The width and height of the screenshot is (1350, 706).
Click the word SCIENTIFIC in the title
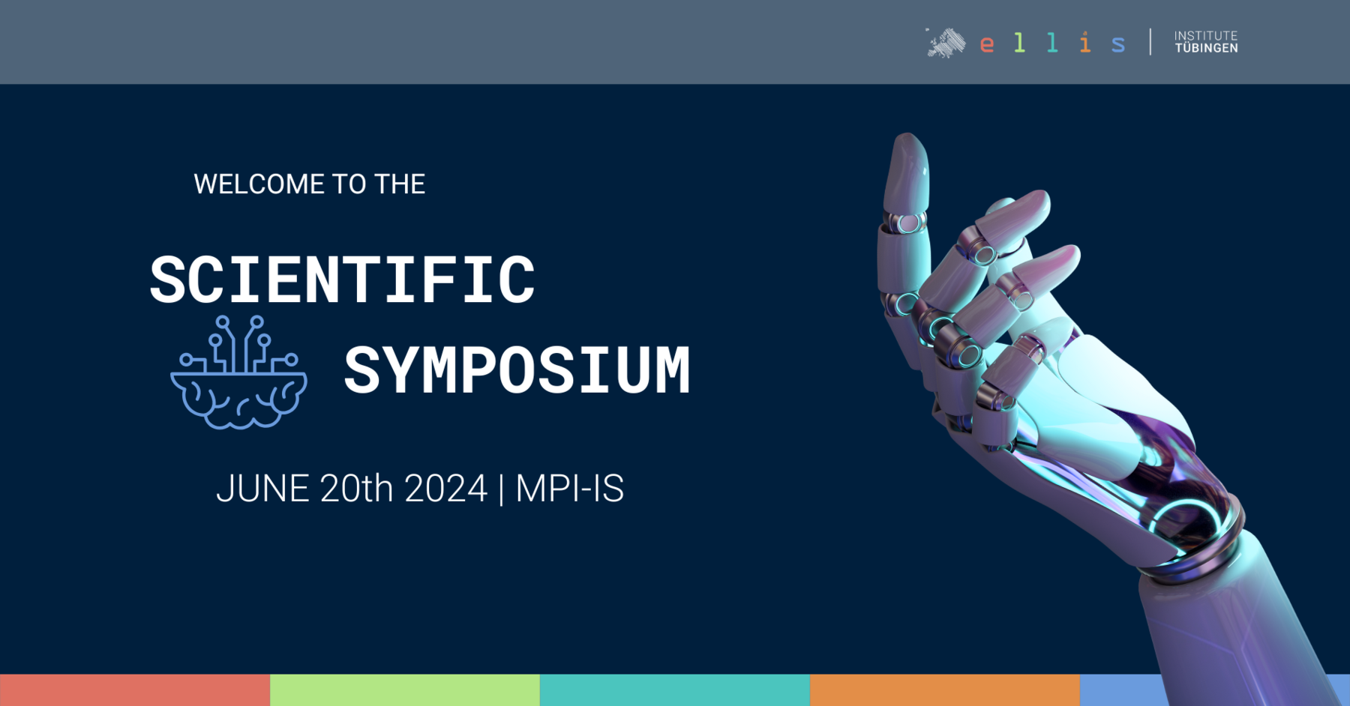click(x=342, y=280)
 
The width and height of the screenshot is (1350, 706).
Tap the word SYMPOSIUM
click(x=517, y=370)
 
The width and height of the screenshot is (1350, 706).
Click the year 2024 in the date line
click(x=446, y=489)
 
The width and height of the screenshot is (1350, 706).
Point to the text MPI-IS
click(x=570, y=489)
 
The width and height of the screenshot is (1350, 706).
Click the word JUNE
click(x=262, y=489)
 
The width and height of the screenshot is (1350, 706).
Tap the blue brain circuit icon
click(x=238, y=372)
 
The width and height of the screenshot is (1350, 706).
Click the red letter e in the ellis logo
click(x=987, y=44)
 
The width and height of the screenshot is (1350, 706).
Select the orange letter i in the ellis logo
click(x=1085, y=42)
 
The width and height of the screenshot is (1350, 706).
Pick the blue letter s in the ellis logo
click(x=1118, y=44)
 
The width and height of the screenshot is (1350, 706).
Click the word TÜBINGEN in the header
click(x=1206, y=49)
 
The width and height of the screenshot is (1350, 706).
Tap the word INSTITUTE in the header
click(x=1206, y=35)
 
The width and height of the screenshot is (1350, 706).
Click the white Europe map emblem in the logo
click(x=946, y=43)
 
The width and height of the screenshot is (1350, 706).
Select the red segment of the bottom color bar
click(x=135, y=690)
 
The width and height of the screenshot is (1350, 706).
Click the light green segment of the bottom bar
click(x=405, y=690)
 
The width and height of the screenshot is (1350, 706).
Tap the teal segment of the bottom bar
click(x=675, y=690)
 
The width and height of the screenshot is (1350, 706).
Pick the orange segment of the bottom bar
click(x=945, y=690)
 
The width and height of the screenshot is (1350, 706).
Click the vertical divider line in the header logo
click(x=1150, y=42)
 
